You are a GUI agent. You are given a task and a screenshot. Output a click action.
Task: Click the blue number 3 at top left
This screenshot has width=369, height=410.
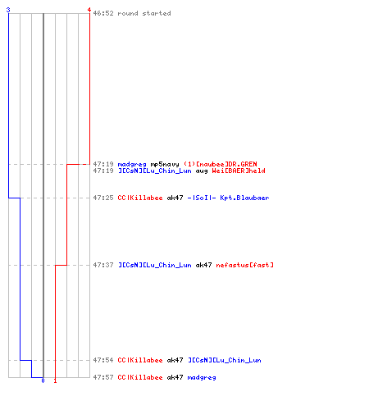pos(8,10)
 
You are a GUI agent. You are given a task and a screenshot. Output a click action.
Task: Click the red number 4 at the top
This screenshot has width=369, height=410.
pos(89,10)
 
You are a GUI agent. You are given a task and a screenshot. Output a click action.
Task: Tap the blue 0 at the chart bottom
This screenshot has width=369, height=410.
pos(43,380)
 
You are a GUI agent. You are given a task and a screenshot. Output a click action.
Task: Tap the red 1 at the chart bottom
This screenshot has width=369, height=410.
pos(55,380)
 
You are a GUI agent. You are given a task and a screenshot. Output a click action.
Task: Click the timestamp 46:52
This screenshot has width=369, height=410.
pos(103,13)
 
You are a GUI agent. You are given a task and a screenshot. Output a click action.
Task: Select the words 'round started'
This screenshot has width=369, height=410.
pos(144,13)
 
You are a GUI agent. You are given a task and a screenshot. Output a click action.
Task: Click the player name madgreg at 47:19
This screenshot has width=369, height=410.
pos(132,165)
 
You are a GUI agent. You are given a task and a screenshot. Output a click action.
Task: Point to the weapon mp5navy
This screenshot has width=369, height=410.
pos(165,165)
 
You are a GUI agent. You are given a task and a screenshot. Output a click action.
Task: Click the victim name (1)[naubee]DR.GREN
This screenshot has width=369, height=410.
pos(221,164)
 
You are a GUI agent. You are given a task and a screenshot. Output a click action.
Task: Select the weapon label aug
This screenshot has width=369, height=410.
pos(202,171)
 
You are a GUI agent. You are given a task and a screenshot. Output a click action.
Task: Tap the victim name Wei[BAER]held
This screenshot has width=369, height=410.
pos(239,171)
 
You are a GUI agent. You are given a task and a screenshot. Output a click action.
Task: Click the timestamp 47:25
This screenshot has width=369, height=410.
pos(103,198)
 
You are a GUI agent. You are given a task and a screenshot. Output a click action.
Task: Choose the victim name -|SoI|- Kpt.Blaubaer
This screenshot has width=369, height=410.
pos(228,198)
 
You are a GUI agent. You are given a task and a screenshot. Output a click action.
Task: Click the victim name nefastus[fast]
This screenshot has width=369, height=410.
pos(245,265)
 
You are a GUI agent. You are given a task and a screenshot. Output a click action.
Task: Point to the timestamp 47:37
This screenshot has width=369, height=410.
pos(103,265)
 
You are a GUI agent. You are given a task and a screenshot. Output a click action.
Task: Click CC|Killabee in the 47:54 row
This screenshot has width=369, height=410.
pos(140,360)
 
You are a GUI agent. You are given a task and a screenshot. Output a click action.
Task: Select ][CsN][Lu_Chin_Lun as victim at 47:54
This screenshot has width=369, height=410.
pos(225,360)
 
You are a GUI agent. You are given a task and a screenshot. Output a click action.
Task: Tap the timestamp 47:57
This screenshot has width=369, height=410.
pos(103,377)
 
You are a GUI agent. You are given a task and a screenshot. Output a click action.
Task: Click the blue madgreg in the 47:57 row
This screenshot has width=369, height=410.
pos(202,378)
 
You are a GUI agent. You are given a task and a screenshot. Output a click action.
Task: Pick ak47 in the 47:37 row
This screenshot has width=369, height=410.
pos(203,265)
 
